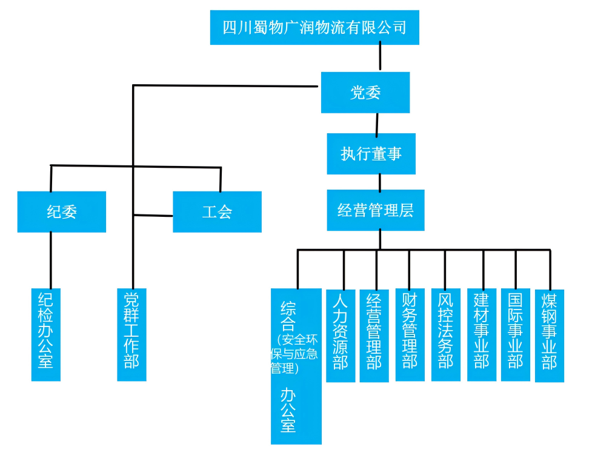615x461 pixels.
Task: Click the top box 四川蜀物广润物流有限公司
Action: pyautogui.click(x=314, y=27)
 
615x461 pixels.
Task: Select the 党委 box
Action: pyautogui.click(x=365, y=92)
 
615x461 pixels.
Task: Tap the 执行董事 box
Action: pyautogui.click(x=371, y=154)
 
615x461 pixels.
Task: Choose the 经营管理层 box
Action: pyautogui.click(x=375, y=210)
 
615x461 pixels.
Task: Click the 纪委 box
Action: pyautogui.click(x=62, y=212)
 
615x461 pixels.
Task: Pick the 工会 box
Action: pyautogui.click(x=217, y=212)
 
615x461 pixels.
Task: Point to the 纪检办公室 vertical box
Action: pyautogui.click(x=46, y=334)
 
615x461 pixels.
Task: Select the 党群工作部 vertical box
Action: pyautogui.click(x=131, y=334)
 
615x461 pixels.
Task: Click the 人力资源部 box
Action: pyautogui.click(x=341, y=336)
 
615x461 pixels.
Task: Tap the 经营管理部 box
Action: pyautogui.click(x=374, y=336)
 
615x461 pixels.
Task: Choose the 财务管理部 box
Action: pyautogui.click(x=410, y=334)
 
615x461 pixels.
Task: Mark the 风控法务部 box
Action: pyautogui.click(x=445, y=334)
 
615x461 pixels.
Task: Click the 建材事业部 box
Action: pyautogui.click(x=481, y=334)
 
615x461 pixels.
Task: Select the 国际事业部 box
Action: pyautogui.click(x=515, y=334)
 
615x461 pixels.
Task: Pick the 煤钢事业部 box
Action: pyautogui.click(x=549, y=336)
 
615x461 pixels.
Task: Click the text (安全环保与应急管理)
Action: pyautogui.click(x=295, y=354)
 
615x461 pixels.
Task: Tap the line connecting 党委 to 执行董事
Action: pyautogui.click(x=377, y=123)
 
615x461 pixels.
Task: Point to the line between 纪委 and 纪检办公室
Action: pyautogui.click(x=51, y=260)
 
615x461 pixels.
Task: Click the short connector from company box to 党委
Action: pyautogui.click(x=380, y=58)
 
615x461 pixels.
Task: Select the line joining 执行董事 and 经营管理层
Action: pyautogui.click(x=380, y=182)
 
